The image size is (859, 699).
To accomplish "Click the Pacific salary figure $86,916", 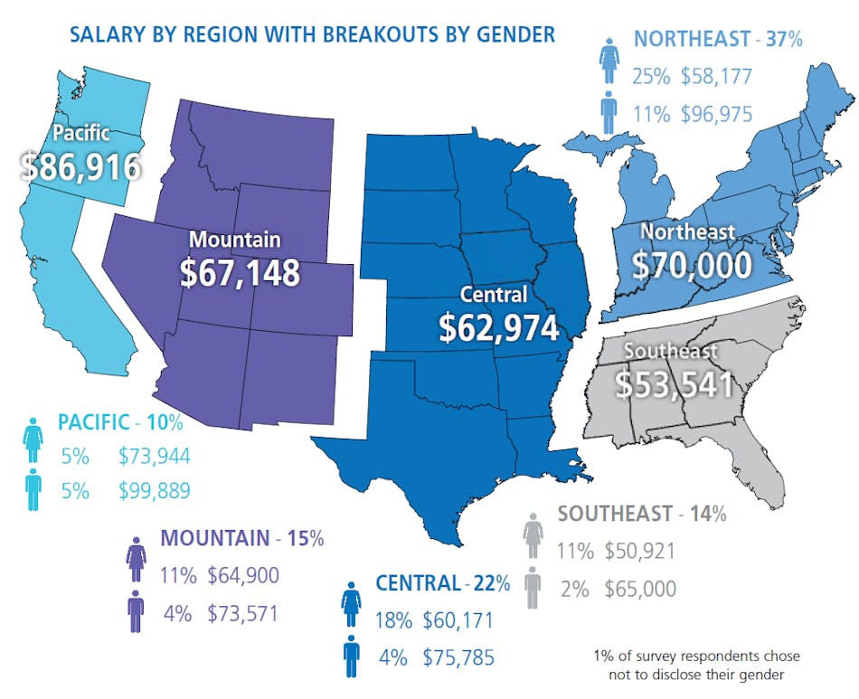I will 81,166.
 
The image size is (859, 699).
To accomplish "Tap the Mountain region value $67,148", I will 240,274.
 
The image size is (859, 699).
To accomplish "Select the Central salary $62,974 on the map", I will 498,327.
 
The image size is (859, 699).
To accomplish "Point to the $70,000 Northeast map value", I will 692,265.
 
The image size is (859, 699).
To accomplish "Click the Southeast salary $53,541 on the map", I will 674,383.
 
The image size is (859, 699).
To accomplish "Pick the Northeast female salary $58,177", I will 716,76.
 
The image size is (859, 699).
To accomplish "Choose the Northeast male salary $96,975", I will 716,114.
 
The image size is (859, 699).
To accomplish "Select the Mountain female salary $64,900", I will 243,575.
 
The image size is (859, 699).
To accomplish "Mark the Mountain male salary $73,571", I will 243,613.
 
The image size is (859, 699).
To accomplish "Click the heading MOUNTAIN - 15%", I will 241,538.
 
